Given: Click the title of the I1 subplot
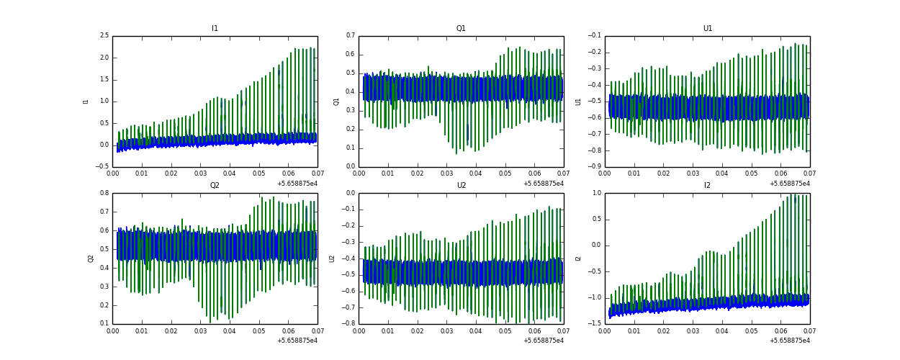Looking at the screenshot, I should click(215, 29).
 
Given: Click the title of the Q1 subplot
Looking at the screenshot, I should click(461, 29).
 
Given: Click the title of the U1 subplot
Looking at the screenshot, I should click(707, 29).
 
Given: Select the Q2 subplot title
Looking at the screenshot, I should click(215, 186).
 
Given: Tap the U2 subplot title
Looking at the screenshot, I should click(461, 186).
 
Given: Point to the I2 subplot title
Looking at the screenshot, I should click(707, 186).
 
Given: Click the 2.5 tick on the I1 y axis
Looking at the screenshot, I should click(104, 36).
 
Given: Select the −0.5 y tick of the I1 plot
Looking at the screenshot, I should click(102, 166).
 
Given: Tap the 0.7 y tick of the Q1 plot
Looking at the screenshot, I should click(350, 36).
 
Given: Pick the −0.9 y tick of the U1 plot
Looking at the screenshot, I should click(595, 166).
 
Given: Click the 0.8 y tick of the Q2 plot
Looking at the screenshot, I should click(104, 193).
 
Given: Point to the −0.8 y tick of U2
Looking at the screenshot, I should click(348, 323).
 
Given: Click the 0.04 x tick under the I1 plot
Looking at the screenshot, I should click(230, 174).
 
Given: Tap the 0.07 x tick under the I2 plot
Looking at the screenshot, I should click(809, 330).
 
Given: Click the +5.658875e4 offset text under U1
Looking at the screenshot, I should click(789, 183).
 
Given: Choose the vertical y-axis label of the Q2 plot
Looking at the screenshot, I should click(91, 258).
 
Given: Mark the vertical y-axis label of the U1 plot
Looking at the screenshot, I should click(578, 102).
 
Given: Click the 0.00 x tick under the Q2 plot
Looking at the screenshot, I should click(113, 330).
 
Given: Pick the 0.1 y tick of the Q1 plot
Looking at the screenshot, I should click(350, 148).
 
